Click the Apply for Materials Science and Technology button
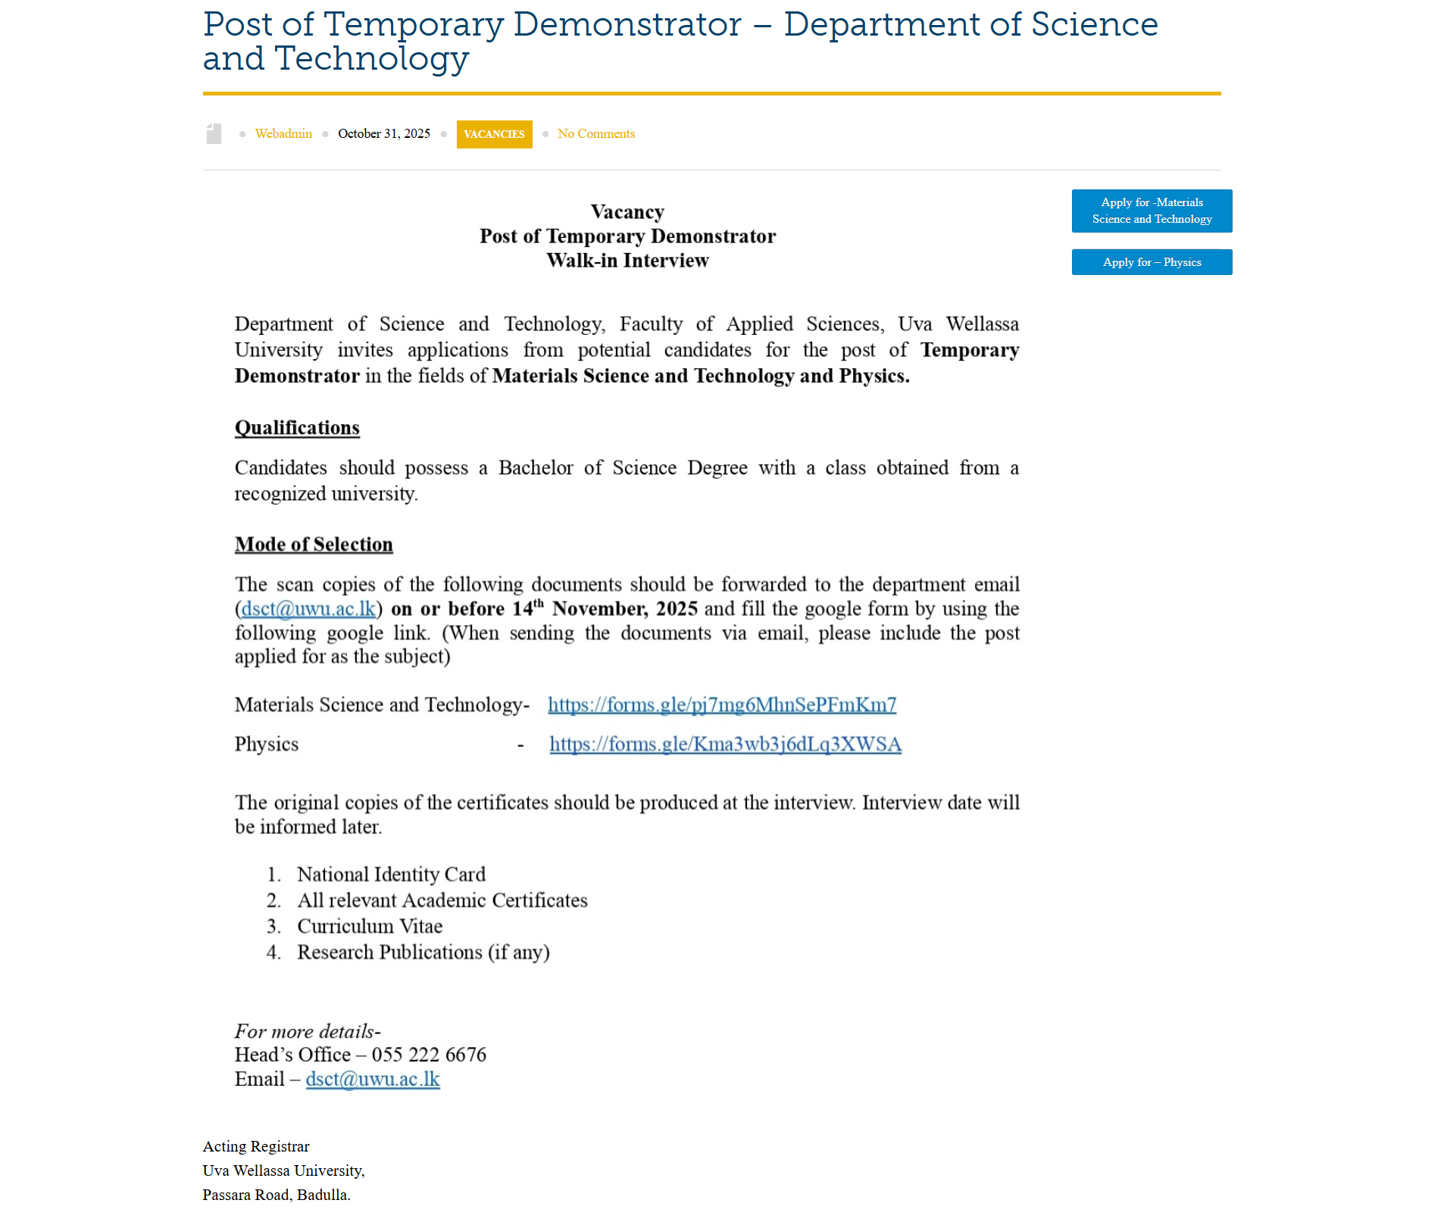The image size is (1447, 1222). tap(1151, 211)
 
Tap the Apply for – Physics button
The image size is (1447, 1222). tap(1151, 262)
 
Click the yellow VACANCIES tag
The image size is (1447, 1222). tap(494, 134)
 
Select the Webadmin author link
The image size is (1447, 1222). tap(283, 133)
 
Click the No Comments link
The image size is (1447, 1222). tap(595, 133)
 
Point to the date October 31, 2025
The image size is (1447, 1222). tap(383, 133)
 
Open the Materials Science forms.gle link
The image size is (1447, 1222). tap(721, 705)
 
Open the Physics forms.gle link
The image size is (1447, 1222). tap(725, 744)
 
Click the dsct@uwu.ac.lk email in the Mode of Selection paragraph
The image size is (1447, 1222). tap(308, 608)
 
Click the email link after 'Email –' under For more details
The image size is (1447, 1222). tap(373, 1079)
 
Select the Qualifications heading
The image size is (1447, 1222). tap(297, 427)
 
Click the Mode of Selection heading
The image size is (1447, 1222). tap(314, 544)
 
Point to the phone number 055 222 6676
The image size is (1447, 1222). tap(429, 1055)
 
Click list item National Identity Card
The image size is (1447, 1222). tap(391, 874)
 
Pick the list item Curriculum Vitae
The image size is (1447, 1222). tap(370, 926)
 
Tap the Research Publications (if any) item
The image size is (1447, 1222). tap(423, 952)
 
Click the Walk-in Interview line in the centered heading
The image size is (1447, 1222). tap(627, 260)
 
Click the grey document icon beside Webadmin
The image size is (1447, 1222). tap(214, 134)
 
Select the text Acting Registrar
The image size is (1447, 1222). tap(256, 1146)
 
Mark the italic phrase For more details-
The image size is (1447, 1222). tap(308, 1031)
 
